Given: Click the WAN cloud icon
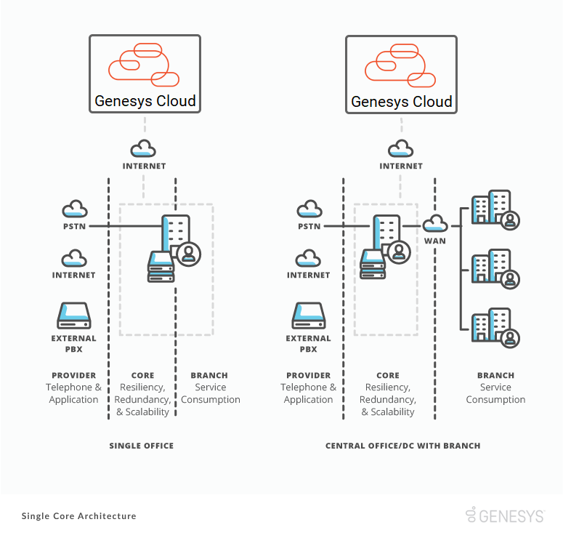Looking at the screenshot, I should tap(435, 222).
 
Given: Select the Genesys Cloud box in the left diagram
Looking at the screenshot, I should tap(145, 74).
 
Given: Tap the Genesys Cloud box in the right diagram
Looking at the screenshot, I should tap(401, 74).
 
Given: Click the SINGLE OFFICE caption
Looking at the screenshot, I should tap(142, 446).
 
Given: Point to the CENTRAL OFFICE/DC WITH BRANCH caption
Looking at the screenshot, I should tap(402, 446).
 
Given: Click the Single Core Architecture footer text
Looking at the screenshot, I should tap(78, 516).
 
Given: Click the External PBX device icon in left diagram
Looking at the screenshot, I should tap(73, 316).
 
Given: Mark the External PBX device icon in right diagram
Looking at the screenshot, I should tap(309, 316).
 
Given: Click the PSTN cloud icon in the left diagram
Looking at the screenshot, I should tap(74, 209).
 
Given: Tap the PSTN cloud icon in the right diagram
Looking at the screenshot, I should tap(309, 209).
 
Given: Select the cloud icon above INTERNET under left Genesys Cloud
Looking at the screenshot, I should tap(143, 149).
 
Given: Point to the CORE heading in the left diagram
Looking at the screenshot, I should tap(142, 376).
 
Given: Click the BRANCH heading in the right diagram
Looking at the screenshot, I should tap(495, 376).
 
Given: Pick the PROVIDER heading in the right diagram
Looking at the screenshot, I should tap(309, 376).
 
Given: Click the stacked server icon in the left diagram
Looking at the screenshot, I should tap(161, 267).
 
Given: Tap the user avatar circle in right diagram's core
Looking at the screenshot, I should tap(398, 252).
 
